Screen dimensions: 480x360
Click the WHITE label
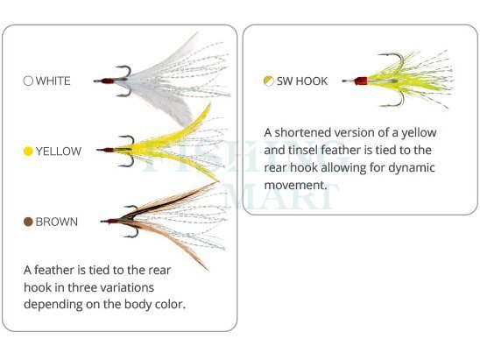point(53,81)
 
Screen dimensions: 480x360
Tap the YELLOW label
point(59,152)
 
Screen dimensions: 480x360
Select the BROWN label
point(57,222)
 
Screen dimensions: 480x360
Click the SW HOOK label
point(302,81)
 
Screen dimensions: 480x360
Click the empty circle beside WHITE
point(28,81)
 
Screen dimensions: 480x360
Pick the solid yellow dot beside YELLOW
point(28,152)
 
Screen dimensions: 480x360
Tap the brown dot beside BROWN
point(28,222)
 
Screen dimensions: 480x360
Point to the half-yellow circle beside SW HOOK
point(269,81)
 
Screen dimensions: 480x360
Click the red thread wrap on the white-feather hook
point(108,81)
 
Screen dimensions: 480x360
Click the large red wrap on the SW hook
point(361,81)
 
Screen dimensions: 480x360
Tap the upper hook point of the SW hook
point(379,55)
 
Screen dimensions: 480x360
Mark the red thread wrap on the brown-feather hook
point(113,221)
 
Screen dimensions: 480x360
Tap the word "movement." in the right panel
point(295,185)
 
